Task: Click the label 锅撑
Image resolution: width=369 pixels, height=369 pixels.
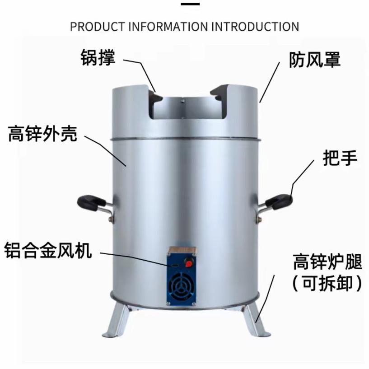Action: (98, 58)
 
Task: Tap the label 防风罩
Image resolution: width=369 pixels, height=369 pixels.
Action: (315, 60)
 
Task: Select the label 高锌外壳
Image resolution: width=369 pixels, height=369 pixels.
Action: (43, 134)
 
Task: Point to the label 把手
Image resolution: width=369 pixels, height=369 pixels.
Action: (340, 158)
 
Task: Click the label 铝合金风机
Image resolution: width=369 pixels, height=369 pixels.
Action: (48, 250)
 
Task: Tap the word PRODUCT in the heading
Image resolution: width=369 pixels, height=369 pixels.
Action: (98, 27)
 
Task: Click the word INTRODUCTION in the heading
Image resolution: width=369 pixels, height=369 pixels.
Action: (255, 27)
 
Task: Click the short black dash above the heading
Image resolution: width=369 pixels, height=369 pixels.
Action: (190, 5)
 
